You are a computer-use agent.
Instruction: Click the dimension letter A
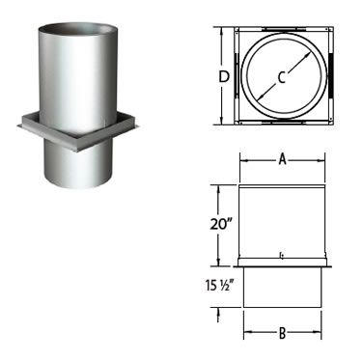[x=282, y=159]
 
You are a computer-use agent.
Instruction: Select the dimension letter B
[x=282, y=333]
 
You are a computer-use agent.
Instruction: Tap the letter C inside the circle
[x=282, y=77]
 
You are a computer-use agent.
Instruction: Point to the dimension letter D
[x=224, y=77]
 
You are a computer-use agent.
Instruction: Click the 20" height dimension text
[x=221, y=224]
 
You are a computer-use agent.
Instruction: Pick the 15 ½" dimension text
[x=219, y=286]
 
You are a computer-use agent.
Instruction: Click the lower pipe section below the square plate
[x=78, y=166]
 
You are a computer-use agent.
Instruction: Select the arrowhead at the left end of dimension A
[x=243, y=159]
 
